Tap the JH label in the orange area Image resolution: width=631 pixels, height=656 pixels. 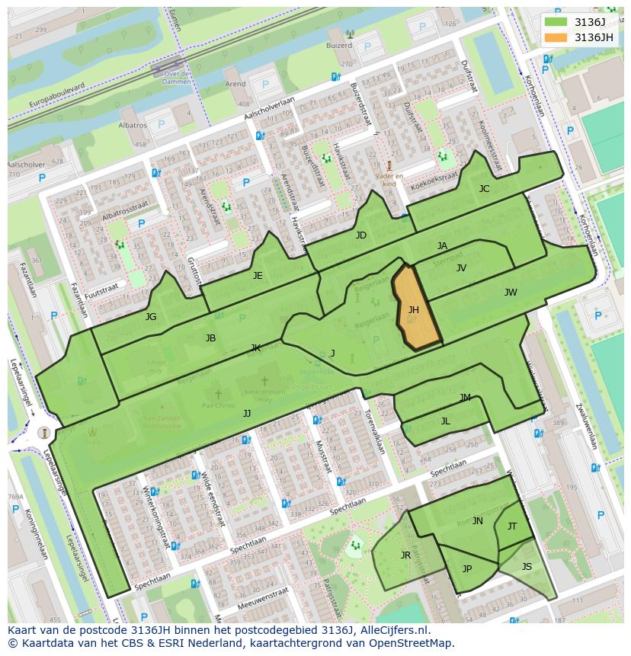(414, 310)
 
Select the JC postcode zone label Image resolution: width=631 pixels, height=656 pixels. (484, 189)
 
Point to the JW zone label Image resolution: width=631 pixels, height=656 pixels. (511, 293)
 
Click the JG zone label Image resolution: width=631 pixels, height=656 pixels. (151, 317)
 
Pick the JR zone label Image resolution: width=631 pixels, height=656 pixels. (405, 555)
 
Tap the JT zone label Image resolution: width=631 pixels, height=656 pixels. (512, 526)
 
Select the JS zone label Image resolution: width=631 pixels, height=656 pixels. (527, 567)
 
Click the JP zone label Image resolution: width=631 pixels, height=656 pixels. (467, 569)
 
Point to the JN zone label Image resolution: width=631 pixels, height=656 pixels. (478, 521)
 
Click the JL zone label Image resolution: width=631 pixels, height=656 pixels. (446, 421)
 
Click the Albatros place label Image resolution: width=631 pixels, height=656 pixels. (133, 125)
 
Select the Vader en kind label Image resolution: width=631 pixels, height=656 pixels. (389, 178)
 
